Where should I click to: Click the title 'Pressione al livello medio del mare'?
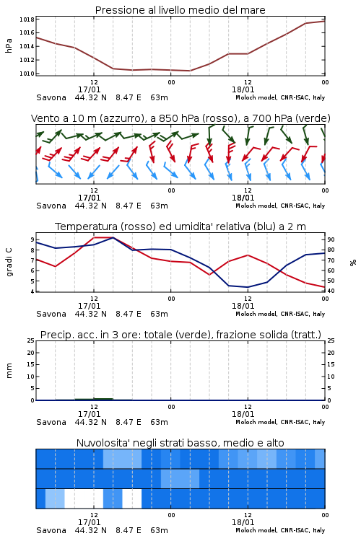tap(180, 10)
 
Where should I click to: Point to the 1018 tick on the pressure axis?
tap(27, 19)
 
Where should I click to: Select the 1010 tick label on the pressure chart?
tap(27, 73)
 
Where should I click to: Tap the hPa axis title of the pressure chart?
tap(9, 46)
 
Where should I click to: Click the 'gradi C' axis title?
tap(9, 262)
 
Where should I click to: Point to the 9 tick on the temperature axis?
tap(32, 239)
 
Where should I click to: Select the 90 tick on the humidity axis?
tap(331, 239)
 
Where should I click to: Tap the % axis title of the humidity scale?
tap(353, 263)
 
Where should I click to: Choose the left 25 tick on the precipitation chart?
tap(31, 340)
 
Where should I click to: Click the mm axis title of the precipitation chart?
tap(9, 371)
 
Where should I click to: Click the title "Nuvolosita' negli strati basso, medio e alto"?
tap(180, 443)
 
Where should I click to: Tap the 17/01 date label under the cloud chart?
tap(89, 522)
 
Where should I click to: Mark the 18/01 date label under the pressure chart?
tap(243, 89)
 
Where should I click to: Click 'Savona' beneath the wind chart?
tap(51, 206)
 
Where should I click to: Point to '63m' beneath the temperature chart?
tap(160, 314)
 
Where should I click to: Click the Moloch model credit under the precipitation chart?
tap(280, 422)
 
